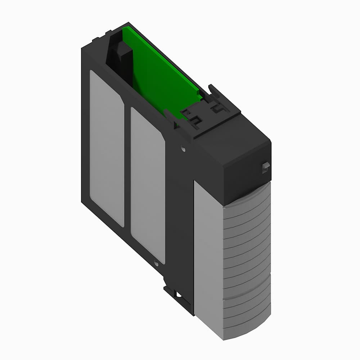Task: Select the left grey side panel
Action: pos(107,148)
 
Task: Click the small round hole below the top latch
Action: pos(183,148)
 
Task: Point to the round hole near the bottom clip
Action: pos(156,264)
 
